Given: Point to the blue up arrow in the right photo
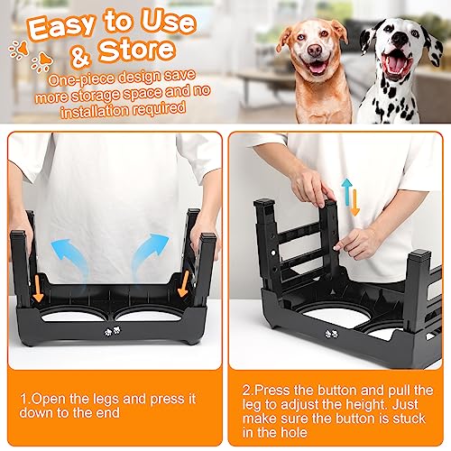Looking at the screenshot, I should (x=345, y=191).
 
